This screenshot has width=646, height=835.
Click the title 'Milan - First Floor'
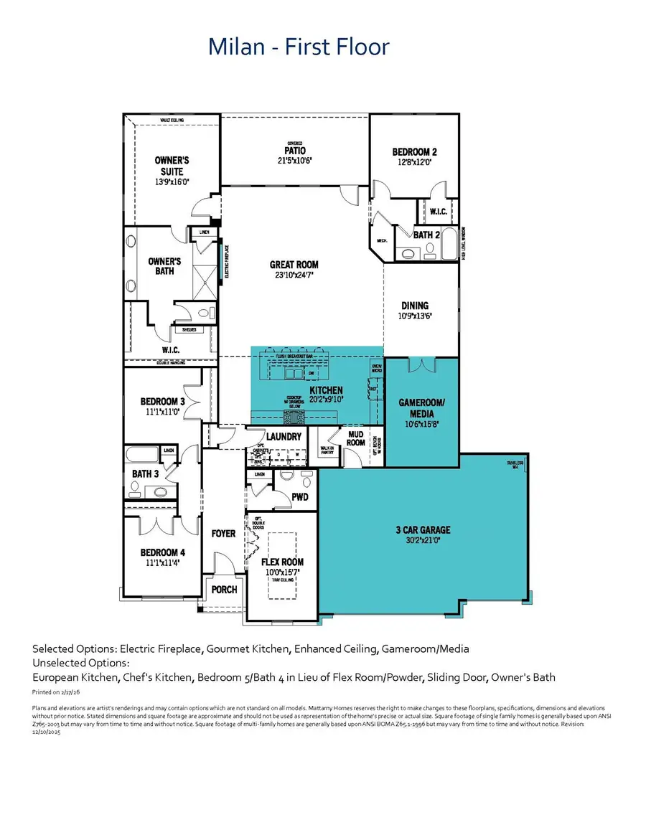(299, 47)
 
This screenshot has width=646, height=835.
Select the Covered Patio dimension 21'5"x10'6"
(294, 161)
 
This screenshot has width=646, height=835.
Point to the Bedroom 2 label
(414, 152)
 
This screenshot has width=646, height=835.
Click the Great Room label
(294, 265)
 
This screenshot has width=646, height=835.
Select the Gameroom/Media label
(421, 408)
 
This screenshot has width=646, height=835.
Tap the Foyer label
(223, 534)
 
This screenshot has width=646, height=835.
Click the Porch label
(223, 590)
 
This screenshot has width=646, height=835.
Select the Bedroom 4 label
(162, 552)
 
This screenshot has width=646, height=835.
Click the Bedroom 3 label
(162, 402)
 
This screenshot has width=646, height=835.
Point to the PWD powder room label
(301, 496)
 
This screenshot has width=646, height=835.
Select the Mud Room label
(355, 438)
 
